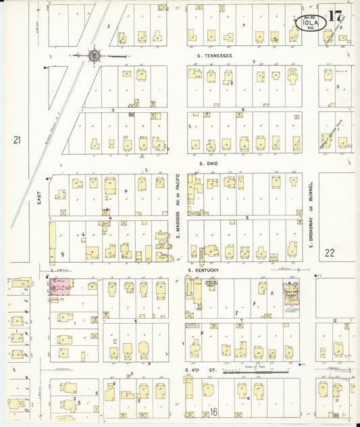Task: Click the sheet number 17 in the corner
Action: pyautogui.click(x=335, y=16)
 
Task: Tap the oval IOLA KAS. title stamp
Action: pyautogui.click(x=311, y=24)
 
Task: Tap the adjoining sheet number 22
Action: pyautogui.click(x=330, y=253)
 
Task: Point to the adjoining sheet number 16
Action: pyautogui.click(x=214, y=411)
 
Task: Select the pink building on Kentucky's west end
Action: pyautogui.click(x=59, y=286)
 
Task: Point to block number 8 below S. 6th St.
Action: pyautogui.click(x=248, y=398)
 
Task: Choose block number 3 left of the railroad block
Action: pyautogui.click(x=113, y=109)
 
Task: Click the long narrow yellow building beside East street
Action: pyautogui.click(x=53, y=243)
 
